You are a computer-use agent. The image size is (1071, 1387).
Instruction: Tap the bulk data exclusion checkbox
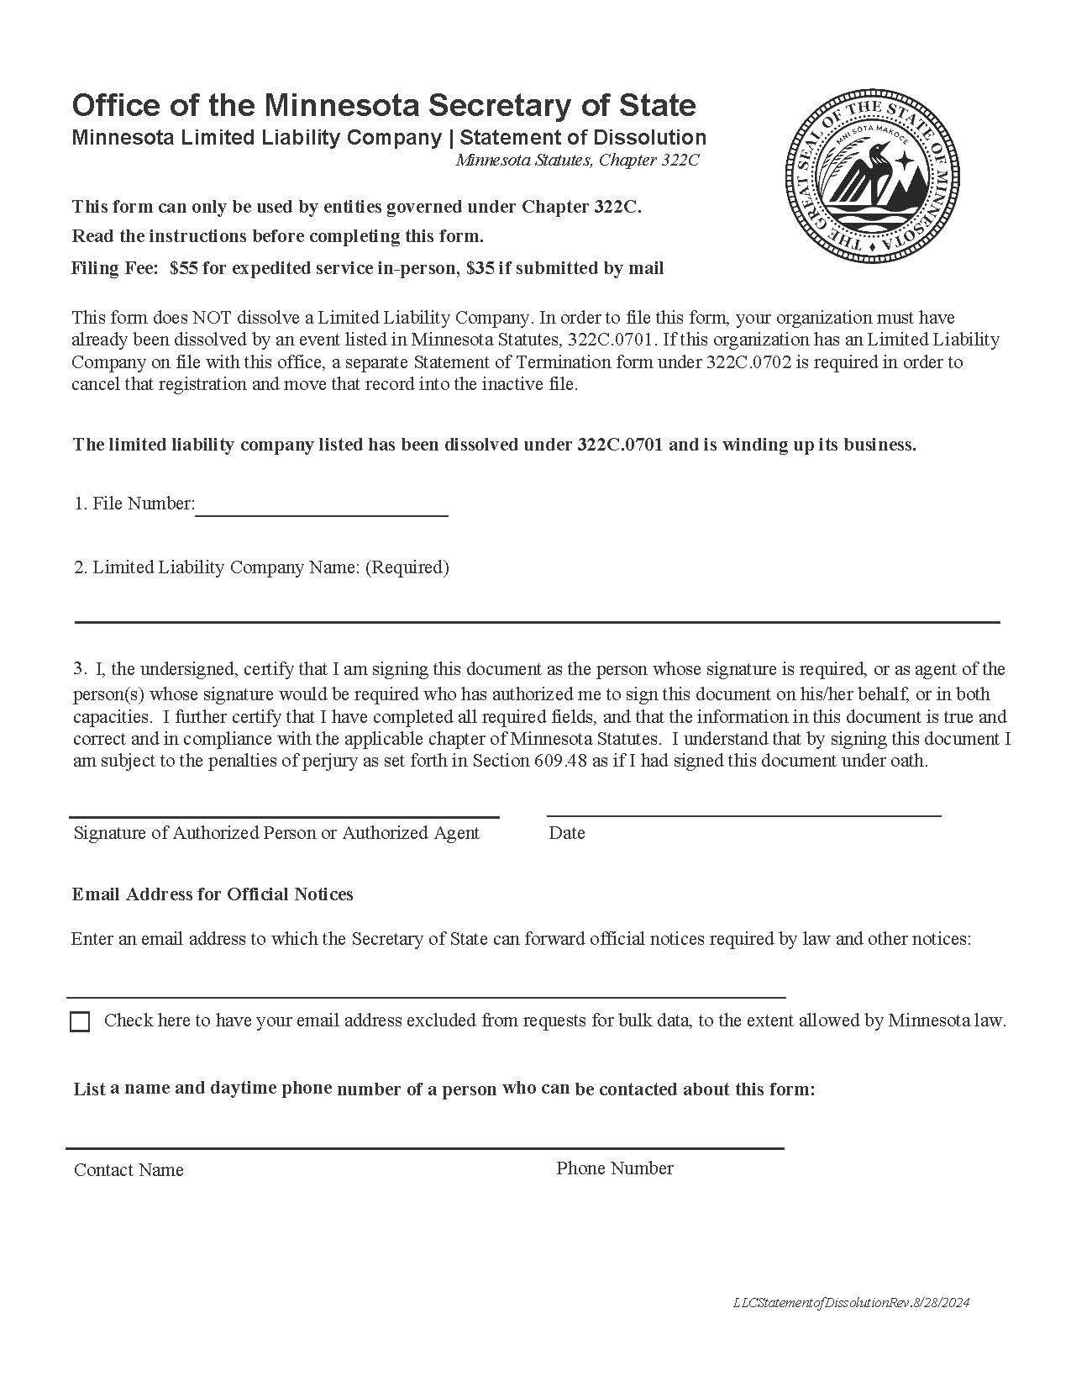80,1021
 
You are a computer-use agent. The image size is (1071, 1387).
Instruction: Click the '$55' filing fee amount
184,268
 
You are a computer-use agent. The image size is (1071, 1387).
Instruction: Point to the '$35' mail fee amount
480,268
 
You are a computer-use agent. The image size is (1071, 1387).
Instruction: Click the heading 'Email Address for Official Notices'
213,894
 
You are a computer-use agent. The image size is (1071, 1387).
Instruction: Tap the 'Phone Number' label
614,1168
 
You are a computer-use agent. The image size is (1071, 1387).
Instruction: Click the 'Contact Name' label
129,1170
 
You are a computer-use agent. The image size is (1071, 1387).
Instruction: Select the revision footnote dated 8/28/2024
851,1302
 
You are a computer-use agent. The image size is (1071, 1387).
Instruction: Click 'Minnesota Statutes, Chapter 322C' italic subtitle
577,160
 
